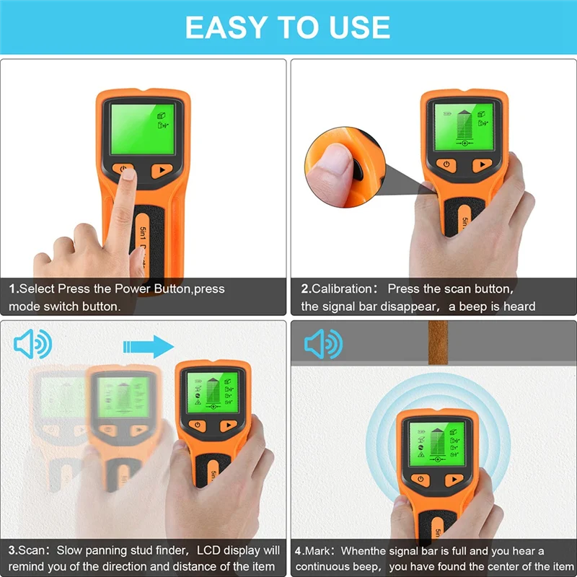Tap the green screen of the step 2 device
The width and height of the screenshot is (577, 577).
click(x=463, y=124)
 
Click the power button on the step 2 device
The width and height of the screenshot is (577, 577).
click(x=446, y=164)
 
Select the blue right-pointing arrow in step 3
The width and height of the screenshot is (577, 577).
click(x=149, y=345)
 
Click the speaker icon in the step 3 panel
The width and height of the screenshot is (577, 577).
click(x=33, y=345)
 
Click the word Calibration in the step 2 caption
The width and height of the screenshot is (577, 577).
click(x=343, y=288)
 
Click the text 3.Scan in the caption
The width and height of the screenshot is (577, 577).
click(x=27, y=550)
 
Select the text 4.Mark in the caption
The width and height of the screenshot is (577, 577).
click(x=316, y=550)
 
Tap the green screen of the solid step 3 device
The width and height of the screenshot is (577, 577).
click(x=213, y=392)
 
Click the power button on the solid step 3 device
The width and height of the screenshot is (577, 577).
click(x=198, y=425)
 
